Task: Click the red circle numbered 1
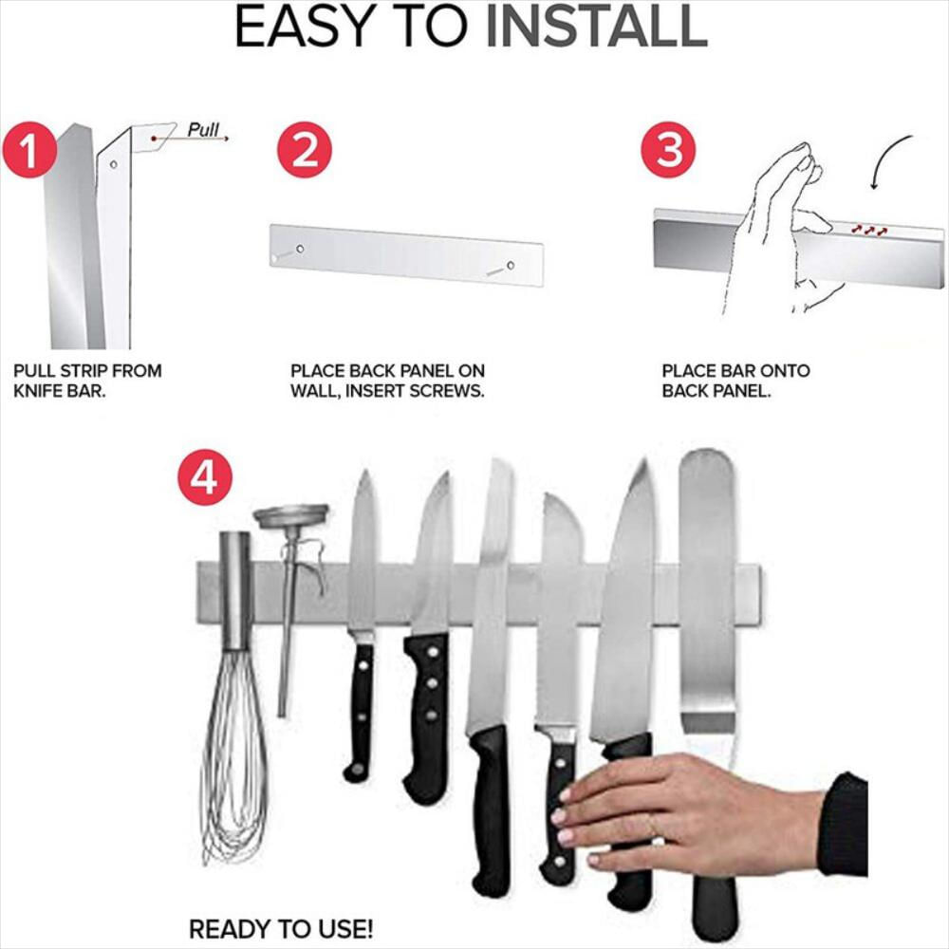(x=29, y=151)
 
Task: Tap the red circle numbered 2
(x=305, y=150)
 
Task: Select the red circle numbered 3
(x=668, y=150)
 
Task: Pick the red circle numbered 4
(x=205, y=477)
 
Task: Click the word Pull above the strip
(x=203, y=129)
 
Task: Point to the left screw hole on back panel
(x=300, y=249)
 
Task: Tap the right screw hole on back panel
(x=511, y=266)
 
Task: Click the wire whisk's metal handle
(x=234, y=591)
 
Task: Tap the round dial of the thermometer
(x=291, y=515)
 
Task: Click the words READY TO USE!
(x=281, y=928)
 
